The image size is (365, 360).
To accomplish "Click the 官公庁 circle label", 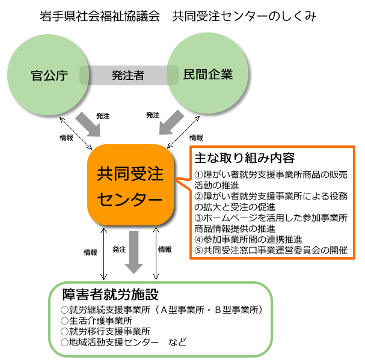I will click(x=49, y=76).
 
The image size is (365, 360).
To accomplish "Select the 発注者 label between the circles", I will click(x=128, y=76).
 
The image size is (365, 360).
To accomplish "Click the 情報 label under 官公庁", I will click(x=67, y=138).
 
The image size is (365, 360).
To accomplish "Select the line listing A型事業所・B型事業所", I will click(x=162, y=310).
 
